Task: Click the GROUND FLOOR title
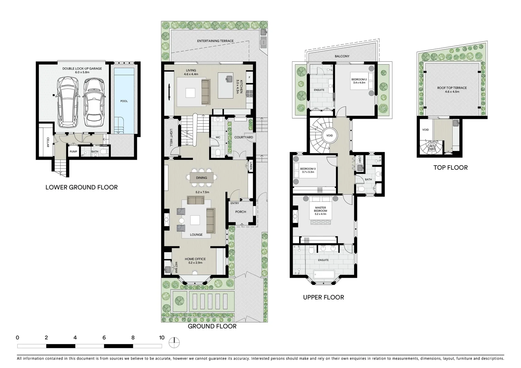point(212,326)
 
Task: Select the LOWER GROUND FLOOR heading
point(81,187)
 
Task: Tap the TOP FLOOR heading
point(450,168)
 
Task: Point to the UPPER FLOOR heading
point(323,297)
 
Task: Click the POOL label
point(124,101)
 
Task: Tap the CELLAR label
point(48,142)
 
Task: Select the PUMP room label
point(73,152)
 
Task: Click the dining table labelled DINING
point(201,178)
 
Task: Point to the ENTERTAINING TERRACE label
point(215,41)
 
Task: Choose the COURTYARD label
point(244,137)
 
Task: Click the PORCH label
point(241,212)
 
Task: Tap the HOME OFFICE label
point(195,259)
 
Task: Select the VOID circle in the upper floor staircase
point(329,136)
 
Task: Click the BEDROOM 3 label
point(308,169)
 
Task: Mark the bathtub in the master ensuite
point(323,274)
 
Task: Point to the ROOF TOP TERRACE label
point(452,88)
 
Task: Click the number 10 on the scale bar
point(162,338)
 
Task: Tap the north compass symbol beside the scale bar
point(174,342)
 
